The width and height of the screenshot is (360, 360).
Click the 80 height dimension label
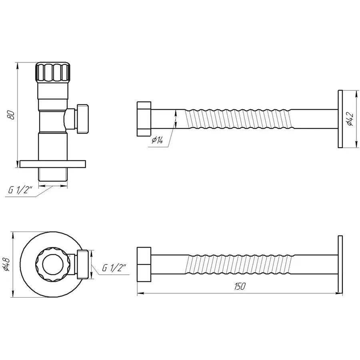[12, 114]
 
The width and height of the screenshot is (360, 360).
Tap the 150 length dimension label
[240, 286]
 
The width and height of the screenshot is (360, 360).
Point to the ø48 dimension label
[6, 264]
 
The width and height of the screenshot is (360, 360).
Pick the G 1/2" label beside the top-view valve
[114, 268]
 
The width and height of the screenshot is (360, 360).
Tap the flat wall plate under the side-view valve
[53, 164]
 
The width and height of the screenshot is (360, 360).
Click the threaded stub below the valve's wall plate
[53, 175]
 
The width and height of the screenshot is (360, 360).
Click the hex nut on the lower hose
[144, 264]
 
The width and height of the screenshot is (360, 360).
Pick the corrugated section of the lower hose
[240, 264]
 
